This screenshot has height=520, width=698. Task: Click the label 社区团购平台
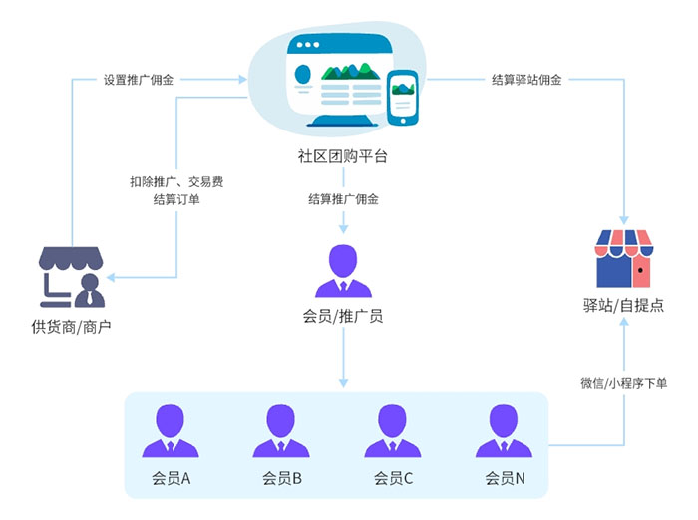[342, 156]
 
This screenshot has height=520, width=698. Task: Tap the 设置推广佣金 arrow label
[139, 80]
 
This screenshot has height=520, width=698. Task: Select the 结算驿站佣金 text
[526, 80]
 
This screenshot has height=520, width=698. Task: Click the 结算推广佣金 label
[342, 198]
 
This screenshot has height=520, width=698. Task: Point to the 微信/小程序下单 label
[624, 383]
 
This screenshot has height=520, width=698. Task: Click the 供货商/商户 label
[71, 326]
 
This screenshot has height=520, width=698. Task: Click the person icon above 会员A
[171, 430]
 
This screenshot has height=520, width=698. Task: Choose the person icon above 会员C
[393, 430]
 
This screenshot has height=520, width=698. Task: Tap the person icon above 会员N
[505, 430]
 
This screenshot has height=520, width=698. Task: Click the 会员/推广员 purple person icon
[342, 270]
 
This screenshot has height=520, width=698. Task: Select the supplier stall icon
[71, 275]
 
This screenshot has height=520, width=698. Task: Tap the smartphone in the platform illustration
[403, 98]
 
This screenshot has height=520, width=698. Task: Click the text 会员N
[505, 478]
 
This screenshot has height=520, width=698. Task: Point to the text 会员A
[171, 478]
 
